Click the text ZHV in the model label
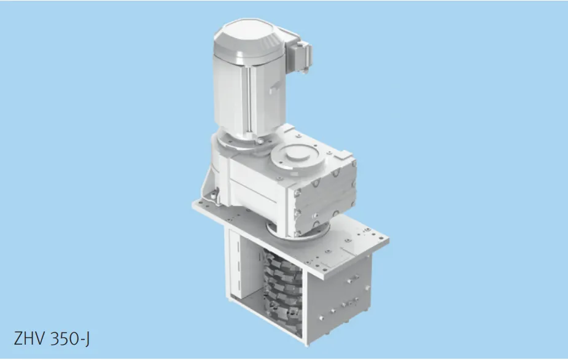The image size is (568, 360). pos(29,338)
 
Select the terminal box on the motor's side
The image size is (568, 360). pos(298,54)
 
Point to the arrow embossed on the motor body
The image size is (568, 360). pos(274,87)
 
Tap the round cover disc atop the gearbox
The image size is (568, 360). pos(297,157)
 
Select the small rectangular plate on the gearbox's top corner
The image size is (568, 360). pos(343,155)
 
